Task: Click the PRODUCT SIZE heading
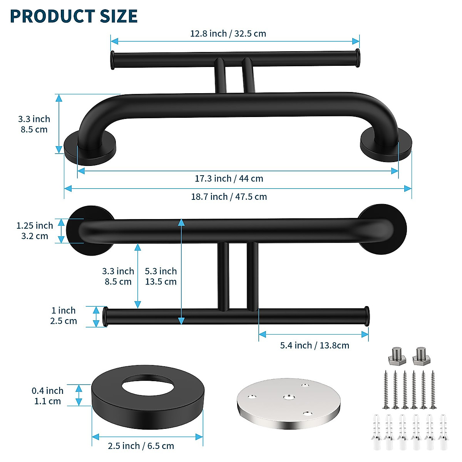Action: [x=74, y=16]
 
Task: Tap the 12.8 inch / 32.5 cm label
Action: [x=228, y=33]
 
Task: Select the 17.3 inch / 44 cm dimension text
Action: [x=229, y=179]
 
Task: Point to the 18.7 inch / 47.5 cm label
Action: [x=229, y=197]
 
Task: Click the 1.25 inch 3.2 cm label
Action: [x=34, y=231]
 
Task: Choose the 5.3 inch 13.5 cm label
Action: [x=161, y=276]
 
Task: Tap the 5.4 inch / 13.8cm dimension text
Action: [x=314, y=345]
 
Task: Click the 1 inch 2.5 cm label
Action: [x=64, y=316]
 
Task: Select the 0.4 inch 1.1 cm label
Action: [x=47, y=396]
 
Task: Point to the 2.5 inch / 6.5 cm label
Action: [x=141, y=446]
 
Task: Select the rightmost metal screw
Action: [x=433, y=389]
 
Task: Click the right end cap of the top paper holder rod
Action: [x=358, y=58]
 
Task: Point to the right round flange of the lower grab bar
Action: [x=382, y=229]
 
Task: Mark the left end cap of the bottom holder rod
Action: [x=105, y=316]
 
